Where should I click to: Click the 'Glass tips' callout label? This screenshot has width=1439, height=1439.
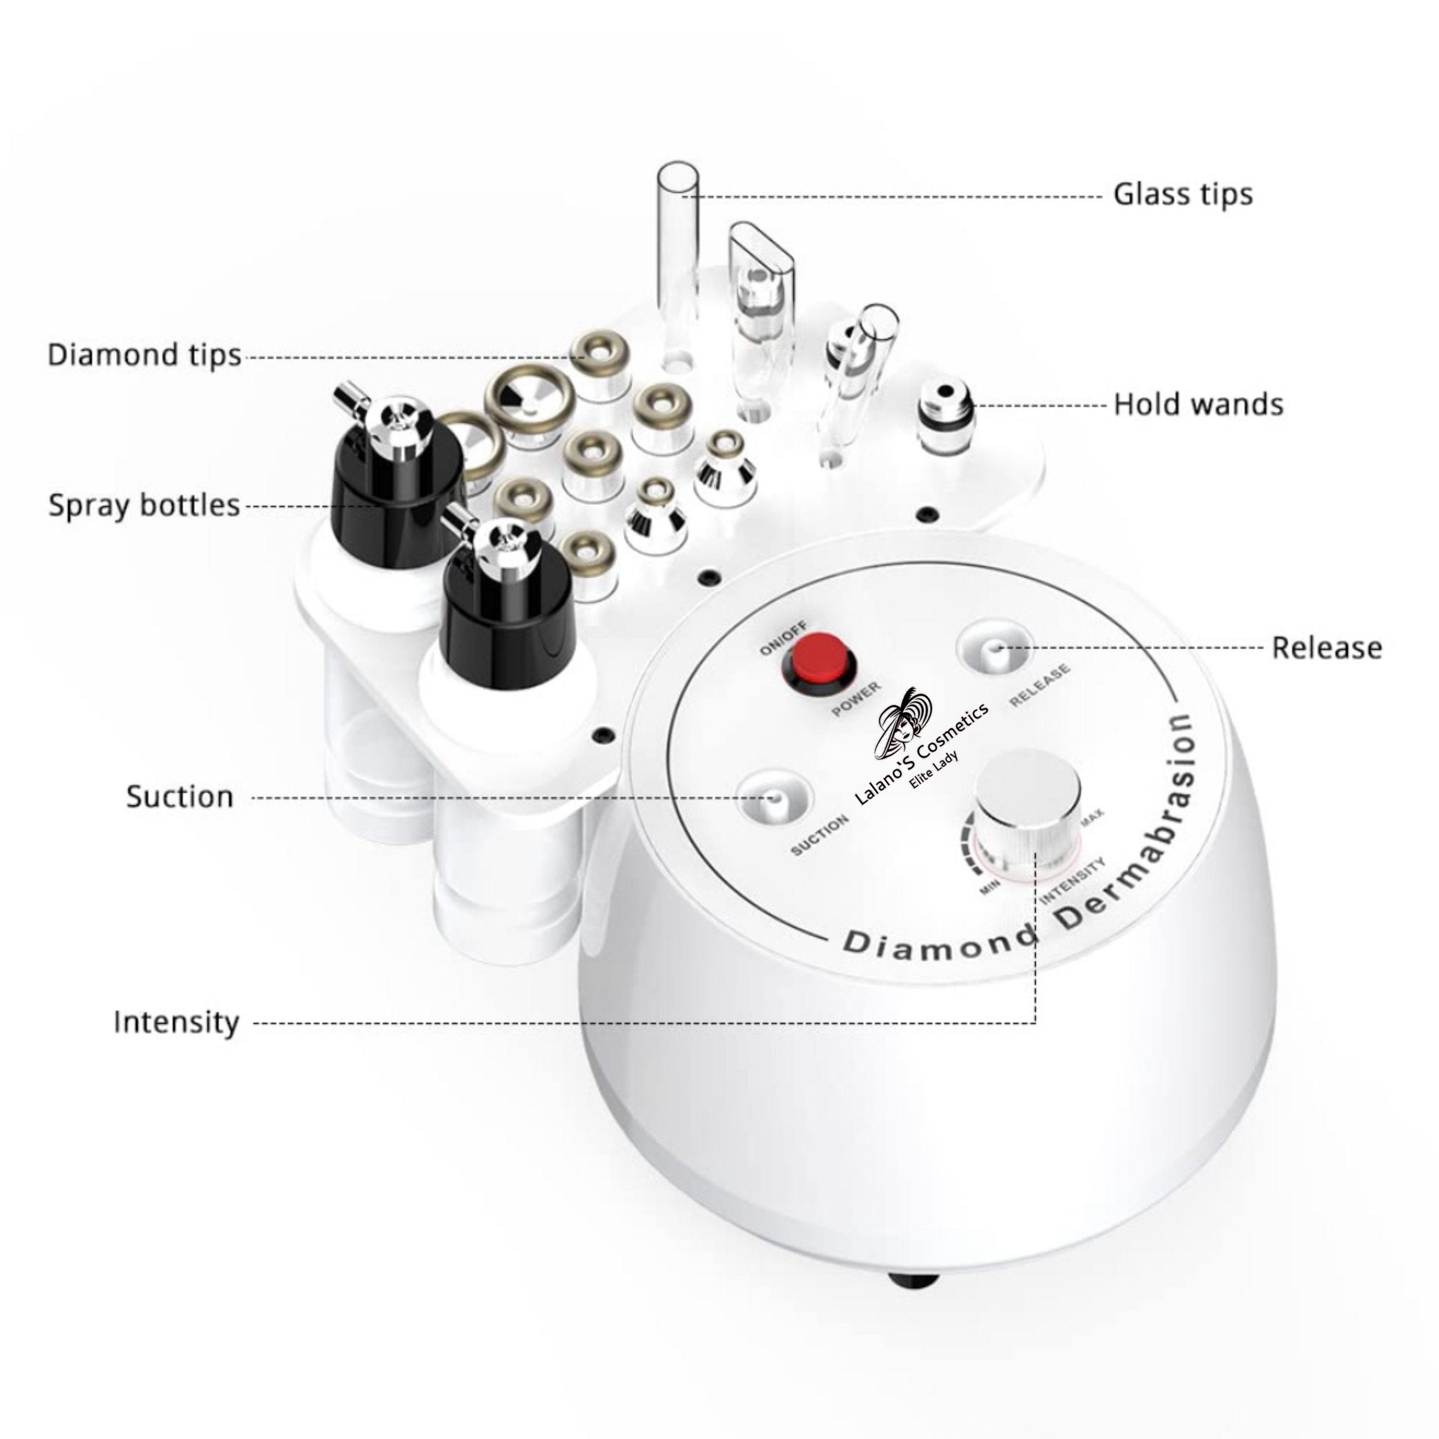pos(1183,195)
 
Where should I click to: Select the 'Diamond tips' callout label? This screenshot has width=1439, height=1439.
pos(144,355)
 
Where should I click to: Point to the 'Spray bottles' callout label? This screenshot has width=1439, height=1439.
pos(144,505)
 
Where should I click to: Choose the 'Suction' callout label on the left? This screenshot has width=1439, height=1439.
pos(180,796)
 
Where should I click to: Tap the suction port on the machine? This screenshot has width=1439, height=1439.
pos(774,796)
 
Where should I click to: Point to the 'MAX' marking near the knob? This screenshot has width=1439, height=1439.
pos(1092,818)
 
